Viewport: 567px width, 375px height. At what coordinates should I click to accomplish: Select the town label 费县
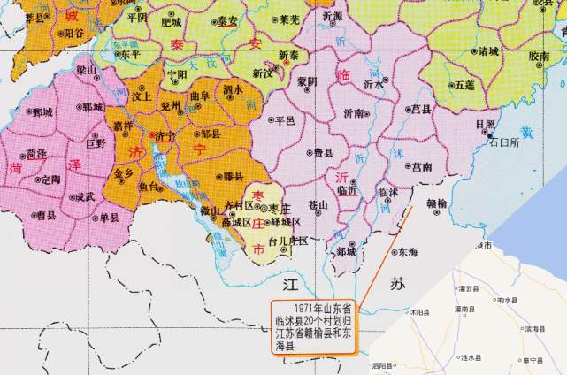[323, 153]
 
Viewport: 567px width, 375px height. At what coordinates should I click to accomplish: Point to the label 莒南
[422, 165]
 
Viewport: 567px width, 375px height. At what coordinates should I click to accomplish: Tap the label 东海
[408, 252]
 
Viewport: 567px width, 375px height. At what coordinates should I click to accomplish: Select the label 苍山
[318, 204]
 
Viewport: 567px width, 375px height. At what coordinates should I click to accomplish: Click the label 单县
[109, 218]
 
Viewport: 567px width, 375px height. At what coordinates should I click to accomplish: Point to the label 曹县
[46, 214]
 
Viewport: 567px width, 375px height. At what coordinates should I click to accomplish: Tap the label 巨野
[96, 142]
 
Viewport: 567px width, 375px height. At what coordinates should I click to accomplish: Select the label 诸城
[487, 50]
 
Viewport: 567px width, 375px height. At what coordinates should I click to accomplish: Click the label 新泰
[288, 55]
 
